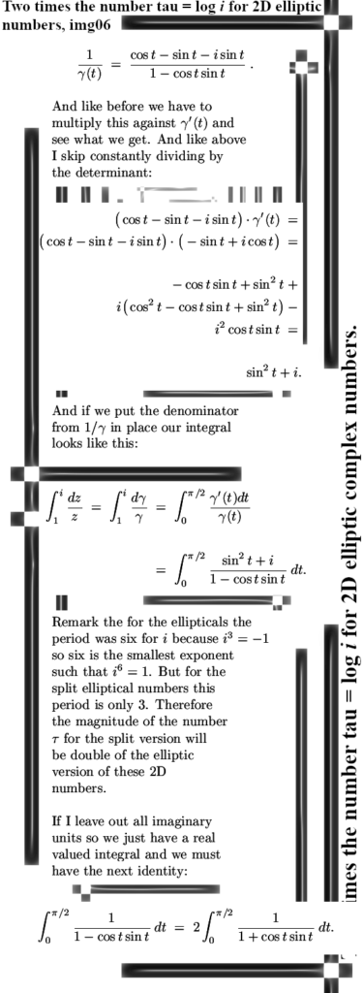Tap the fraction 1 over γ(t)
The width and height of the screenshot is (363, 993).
[90, 64]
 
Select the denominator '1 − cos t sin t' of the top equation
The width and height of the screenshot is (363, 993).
[188, 73]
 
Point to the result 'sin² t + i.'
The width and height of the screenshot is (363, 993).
[274, 372]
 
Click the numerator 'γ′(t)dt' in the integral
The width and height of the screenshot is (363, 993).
[226, 498]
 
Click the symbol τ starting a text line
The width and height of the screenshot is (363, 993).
[55, 739]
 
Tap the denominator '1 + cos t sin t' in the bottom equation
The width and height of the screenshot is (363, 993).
[276, 936]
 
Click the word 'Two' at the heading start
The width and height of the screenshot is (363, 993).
[15, 8]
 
